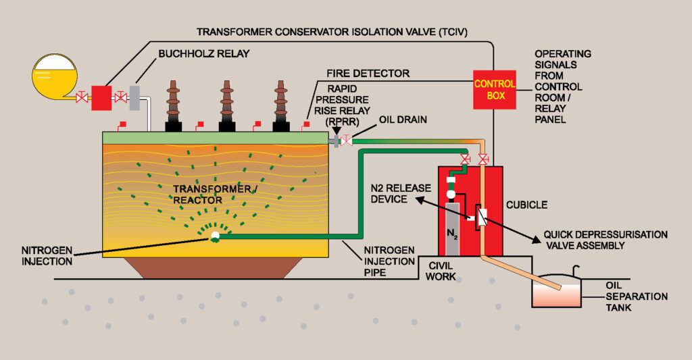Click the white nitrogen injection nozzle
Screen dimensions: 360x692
pos(215,236)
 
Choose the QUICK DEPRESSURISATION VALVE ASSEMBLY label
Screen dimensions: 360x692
pos(600,240)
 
